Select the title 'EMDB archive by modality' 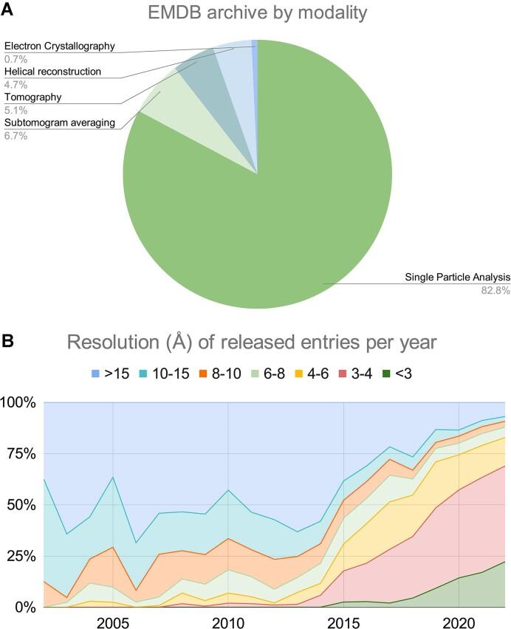(256, 13)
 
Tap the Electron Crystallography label (60, 46)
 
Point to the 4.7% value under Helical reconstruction (16, 83)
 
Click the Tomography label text (33, 97)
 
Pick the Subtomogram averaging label (60, 123)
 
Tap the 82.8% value (495, 290)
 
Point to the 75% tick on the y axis (20, 454)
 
